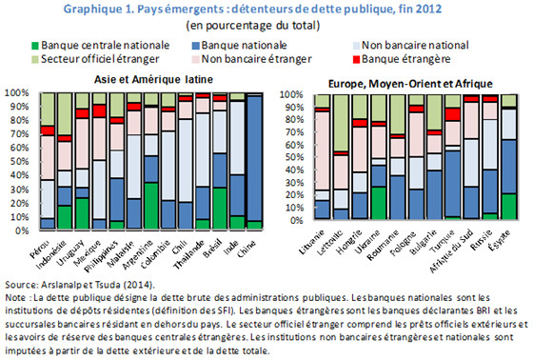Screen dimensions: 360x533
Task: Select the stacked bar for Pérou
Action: [x=47, y=163]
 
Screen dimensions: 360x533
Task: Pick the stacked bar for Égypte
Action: [x=509, y=163]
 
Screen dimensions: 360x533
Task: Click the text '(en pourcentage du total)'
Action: [x=266, y=25]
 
